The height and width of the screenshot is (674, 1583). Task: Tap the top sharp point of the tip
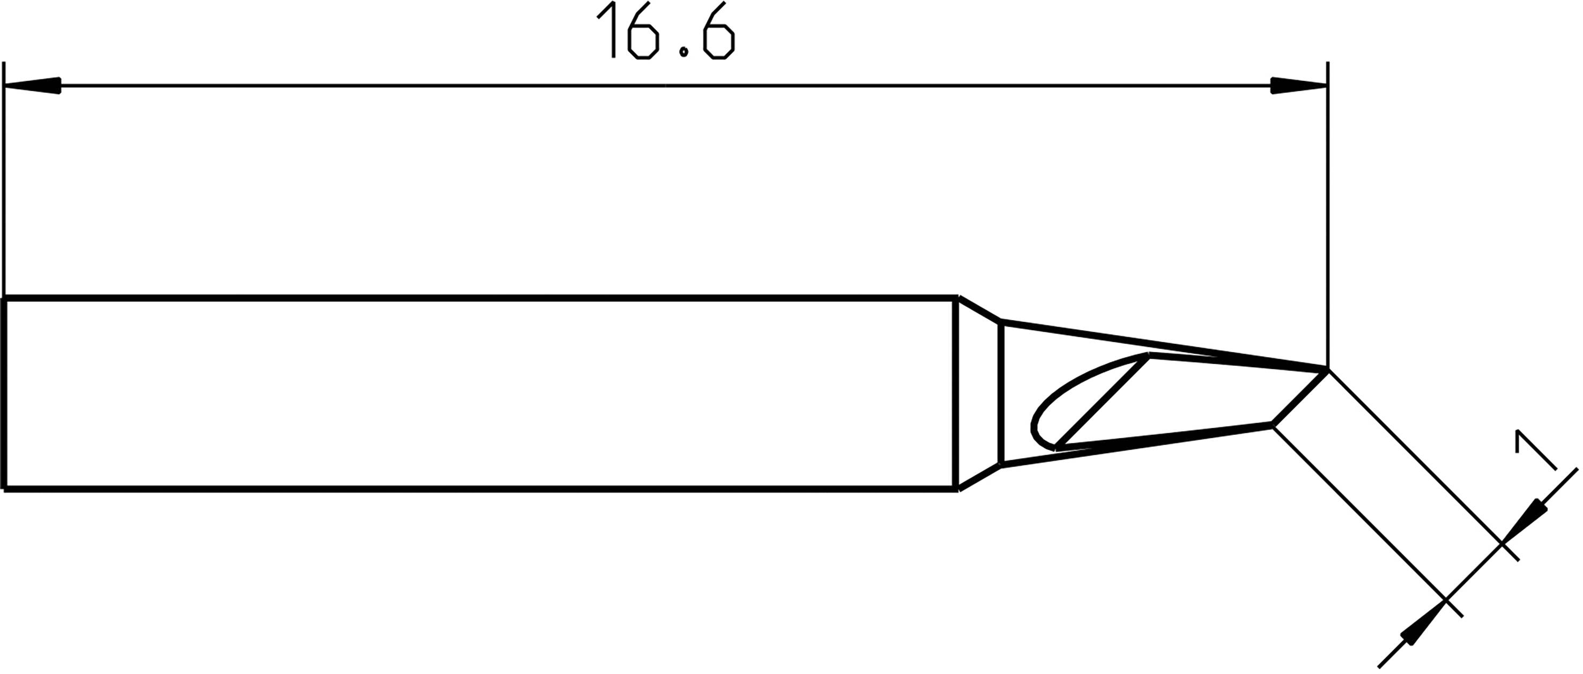(x=1328, y=369)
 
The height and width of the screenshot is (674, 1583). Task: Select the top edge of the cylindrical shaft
(x=479, y=299)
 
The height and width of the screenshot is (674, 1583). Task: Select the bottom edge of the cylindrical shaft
(x=479, y=490)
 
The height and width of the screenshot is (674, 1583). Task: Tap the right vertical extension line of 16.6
(x=1328, y=215)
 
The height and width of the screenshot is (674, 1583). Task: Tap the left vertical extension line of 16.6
(x=4, y=184)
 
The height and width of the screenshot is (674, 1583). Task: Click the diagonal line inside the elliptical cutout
(x=1101, y=401)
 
